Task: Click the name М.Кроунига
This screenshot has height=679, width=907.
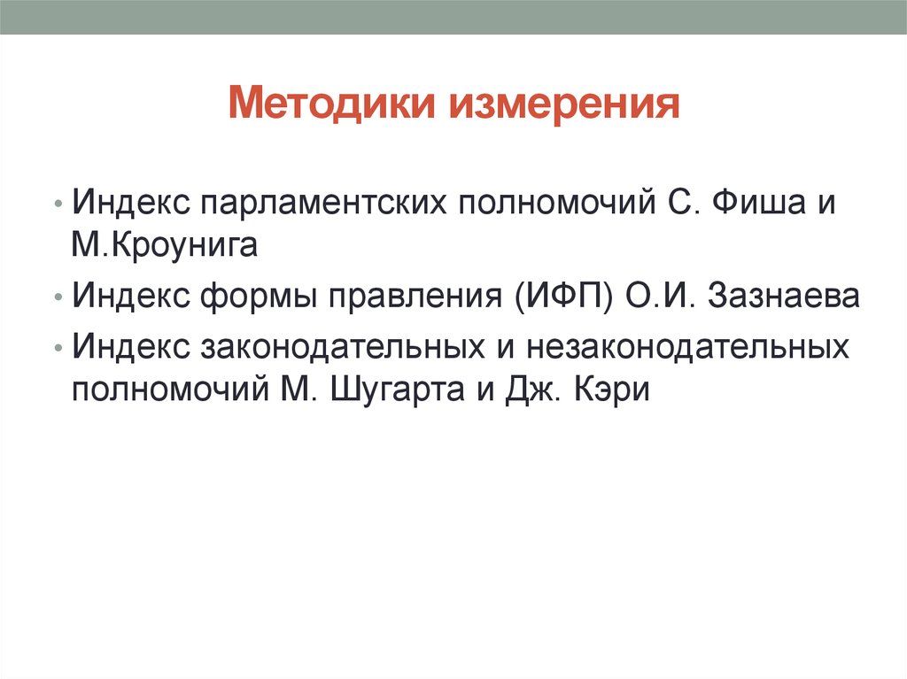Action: pyautogui.click(x=165, y=243)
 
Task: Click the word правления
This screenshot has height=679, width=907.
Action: pyautogui.click(x=416, y=296)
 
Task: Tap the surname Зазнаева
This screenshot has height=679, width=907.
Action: pyautogui.click(x=785, y=296)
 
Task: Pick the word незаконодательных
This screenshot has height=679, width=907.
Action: pyautogui.click(x=689, y=346)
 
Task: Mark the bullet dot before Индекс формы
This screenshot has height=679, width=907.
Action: pyautogui.click(x=58, y=297)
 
